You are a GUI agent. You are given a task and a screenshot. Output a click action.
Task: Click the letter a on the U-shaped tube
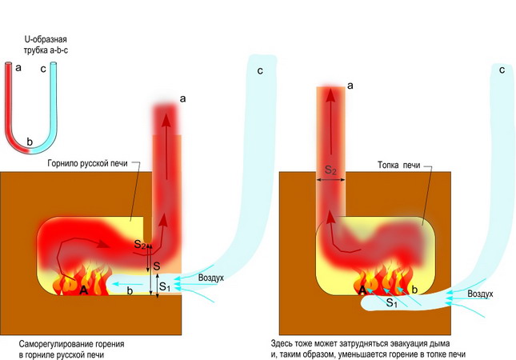pyautogui.click(x=18, y=69)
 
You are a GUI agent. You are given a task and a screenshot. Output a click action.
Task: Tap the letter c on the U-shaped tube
pyautogui.click(x=42, y=69)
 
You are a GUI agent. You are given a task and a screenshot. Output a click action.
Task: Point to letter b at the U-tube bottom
pyautogui.click(x=30, y=142)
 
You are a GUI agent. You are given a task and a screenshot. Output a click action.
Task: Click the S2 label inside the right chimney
pyautogui.click(x=330, y=170)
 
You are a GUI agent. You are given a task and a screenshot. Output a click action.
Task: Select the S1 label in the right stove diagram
pyautogui.click(x=392, y=303)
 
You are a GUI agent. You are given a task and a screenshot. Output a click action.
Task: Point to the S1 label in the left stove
pyautogui.click(x=163, y=286)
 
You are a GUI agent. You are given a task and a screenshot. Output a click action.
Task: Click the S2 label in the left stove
pyautogui.click(x=141, y=243)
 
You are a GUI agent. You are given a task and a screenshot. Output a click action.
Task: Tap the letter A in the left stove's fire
pyautogui.click(x=82, y=290)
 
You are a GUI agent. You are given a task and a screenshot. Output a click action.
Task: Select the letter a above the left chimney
pyautogui.click(x=182, y=98)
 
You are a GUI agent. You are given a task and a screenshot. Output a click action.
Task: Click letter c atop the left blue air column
pyautogui.click(x=260, y=72)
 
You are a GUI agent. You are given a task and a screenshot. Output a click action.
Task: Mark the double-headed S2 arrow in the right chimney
pyautogui.click(x=330, y=182)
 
